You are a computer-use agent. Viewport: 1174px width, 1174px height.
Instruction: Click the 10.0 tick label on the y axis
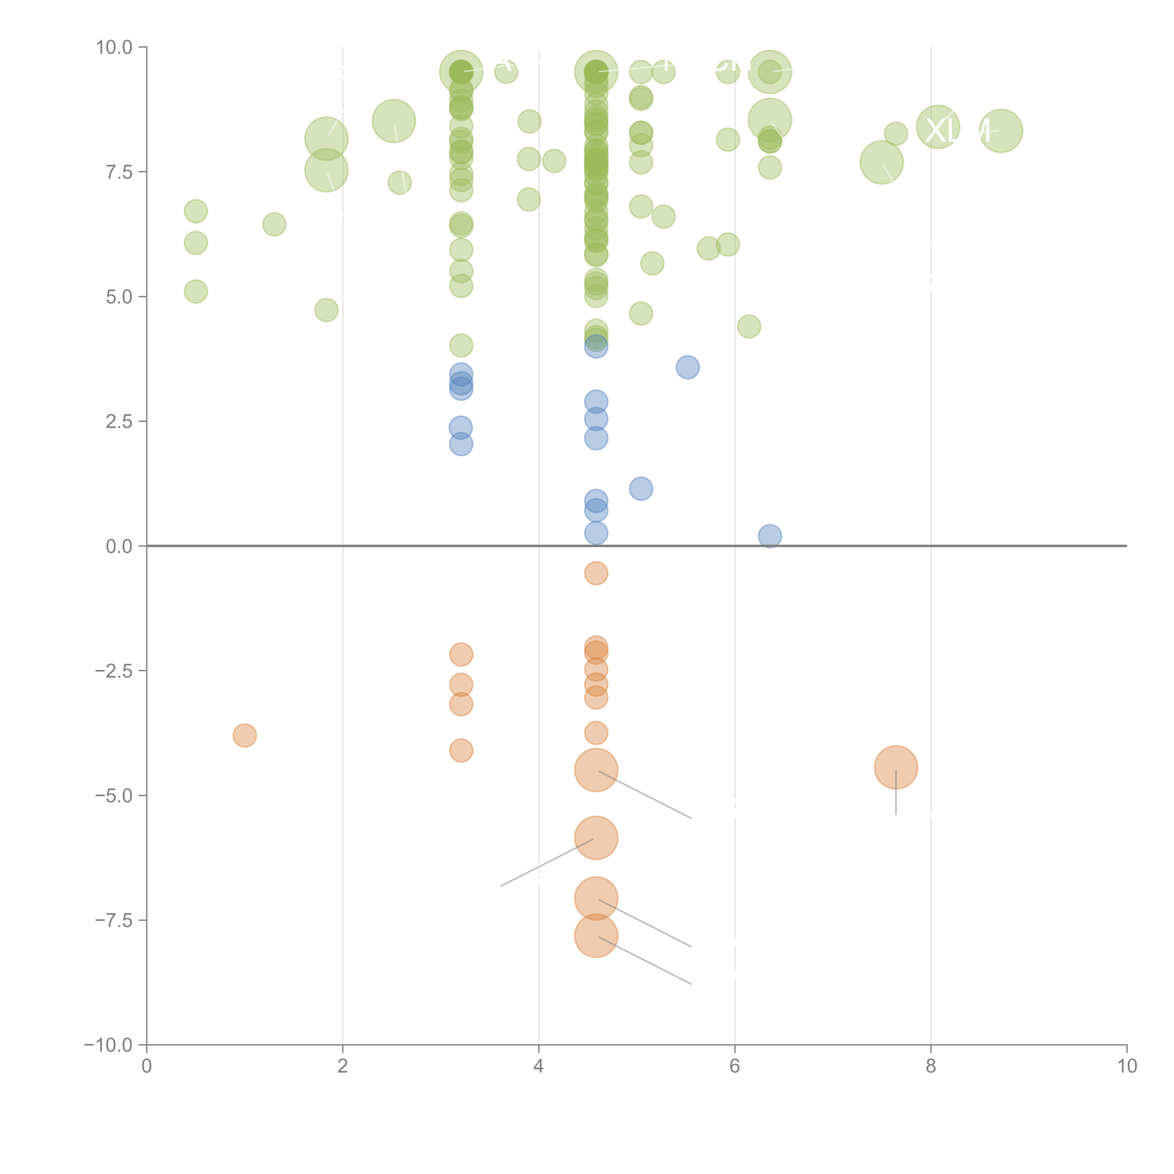click(114, 47)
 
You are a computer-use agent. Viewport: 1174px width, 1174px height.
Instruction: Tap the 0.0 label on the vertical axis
click(119, 546)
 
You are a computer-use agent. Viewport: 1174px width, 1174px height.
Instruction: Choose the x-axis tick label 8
click(930, 1066)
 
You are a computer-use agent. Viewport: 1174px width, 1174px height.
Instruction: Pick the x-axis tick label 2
click(343, 1066)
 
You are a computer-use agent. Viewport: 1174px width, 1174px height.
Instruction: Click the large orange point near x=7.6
click(896, 768)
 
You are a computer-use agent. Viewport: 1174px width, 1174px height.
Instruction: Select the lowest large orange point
click(596, 936)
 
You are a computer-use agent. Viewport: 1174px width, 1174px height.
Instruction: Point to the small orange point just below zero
click(596, 573)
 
